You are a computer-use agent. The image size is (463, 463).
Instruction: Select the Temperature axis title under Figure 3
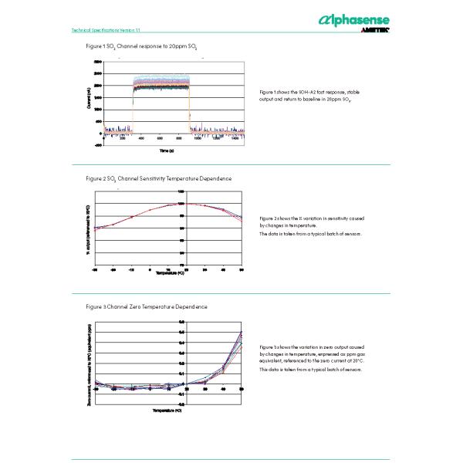coord(167,411)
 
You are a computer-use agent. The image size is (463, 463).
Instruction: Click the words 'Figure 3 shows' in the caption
coord(274,347)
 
